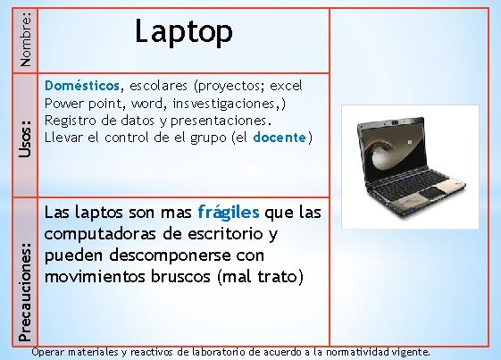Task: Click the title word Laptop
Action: point(184,34)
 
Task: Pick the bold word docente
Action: point(280,137)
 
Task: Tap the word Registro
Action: point(71,121)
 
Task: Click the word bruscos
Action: point(180,276)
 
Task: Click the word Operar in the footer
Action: point(48,352)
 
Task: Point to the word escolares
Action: point(157,87)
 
